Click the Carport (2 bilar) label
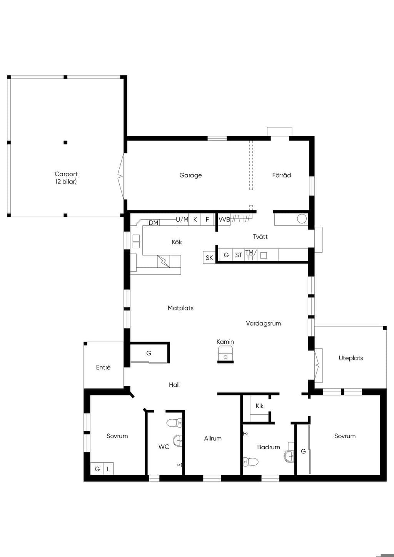click(x=66, y=178)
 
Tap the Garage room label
click(x=190, y=175)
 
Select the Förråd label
click(x=282, y=175)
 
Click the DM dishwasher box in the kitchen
click(x=154, y=223)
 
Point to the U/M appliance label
click(x=182, y=219)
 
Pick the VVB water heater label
click(x=224, y=220)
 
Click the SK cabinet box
click(x=209, y=258)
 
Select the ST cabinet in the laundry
click(x=239, y=255)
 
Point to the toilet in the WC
click(x=174, y=422)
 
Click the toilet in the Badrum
click(x=251, y=462)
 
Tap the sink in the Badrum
click(x=289, y=456)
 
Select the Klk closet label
click(x=259, y=406)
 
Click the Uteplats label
click(x=351, y=358)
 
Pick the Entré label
click(x=103, y=367)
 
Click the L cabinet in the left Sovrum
click(x=109, y=469)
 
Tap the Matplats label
click(x=180, y=308)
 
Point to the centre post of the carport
click(x=65, y=142)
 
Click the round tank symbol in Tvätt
click(x=302, y=219)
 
